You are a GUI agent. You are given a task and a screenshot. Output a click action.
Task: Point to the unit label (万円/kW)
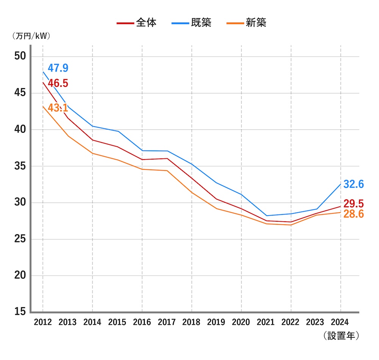(x=31, y=36)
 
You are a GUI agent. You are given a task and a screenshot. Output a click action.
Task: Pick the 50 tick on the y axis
(x=20, y=56)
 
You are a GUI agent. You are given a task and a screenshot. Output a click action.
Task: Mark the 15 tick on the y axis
(x=20, y=312)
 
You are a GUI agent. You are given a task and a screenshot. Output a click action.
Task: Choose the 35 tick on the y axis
(x=20, y=166)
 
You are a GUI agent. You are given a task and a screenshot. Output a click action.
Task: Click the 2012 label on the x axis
(x=42, y=322)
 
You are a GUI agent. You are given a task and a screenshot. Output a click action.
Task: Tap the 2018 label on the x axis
(x=191, y=322)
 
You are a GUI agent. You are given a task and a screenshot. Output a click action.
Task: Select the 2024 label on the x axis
(x=340, y=322)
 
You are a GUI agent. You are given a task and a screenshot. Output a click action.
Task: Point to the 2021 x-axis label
(x=266, y=322)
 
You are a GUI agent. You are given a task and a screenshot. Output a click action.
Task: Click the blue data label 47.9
(x=58, y=68)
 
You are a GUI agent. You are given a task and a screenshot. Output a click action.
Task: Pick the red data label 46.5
(x=58, y=83)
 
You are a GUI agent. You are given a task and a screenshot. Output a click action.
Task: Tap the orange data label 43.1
(x=58, y=108)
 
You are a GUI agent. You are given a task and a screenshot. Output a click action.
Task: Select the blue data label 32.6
(x=354, y=185)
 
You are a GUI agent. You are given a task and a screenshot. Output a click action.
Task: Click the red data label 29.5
(x=354, y=203)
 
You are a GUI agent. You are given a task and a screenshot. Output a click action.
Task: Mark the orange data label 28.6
(x=354, y=214)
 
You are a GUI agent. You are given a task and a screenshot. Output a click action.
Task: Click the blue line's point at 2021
(x=266, y=216)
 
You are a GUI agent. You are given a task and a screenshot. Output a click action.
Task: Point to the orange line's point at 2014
(x=92, y=153)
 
